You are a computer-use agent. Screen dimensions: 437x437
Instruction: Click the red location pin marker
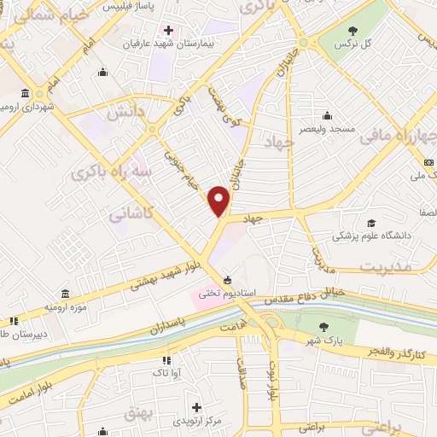[220, 201]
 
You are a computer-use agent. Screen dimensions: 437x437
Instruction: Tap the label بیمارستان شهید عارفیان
[170, 42]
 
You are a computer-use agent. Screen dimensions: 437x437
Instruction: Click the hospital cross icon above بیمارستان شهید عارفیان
[169, 30]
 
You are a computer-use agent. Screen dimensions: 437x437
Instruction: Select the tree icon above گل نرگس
[348, 28]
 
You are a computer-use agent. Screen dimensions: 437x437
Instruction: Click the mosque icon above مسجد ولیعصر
[328, 116]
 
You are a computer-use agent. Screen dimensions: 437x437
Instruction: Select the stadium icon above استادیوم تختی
[227, 280]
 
